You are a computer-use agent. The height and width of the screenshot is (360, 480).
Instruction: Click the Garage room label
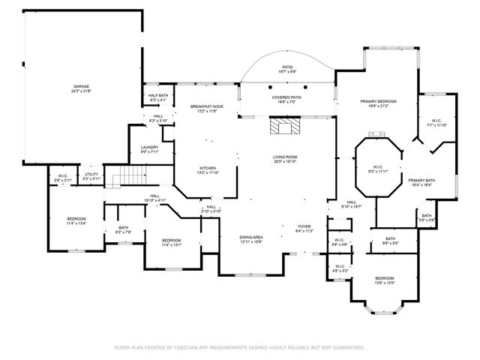80,88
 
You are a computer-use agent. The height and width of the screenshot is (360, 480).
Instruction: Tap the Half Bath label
157,97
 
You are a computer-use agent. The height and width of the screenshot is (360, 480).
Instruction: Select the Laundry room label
149,149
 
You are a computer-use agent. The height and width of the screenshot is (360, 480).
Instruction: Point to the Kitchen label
208,169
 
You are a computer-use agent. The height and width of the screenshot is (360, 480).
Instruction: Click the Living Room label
285,158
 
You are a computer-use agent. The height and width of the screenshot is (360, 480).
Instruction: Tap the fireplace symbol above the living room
284,127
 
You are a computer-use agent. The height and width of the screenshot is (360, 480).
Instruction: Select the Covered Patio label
286,98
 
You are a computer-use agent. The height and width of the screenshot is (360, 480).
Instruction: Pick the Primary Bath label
421,181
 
